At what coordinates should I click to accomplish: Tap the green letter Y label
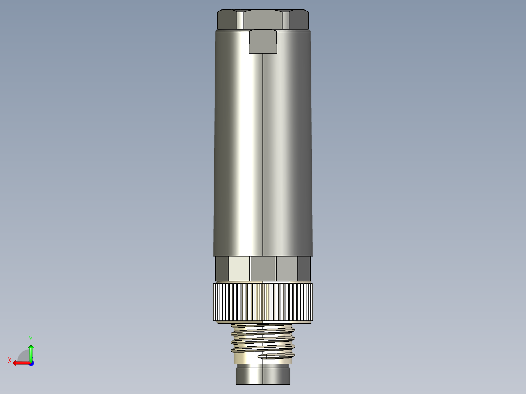click(x=30, y=338)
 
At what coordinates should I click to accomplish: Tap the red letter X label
click(x=10, y=360)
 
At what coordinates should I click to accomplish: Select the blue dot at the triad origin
click(x=31, y=363)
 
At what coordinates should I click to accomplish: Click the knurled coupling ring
click(x=263, y=301)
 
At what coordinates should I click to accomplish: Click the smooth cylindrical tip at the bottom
click(x=263, y=375)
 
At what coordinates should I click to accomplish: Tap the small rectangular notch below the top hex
click(x=263, y=41)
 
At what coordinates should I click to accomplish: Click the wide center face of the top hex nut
click(x=263, y=20)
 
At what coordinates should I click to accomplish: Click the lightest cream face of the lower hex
click(x=239, y=269)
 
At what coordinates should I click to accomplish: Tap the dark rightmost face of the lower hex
click(x=304, y=269)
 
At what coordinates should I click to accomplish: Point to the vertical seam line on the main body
click(x=263, y=156)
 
